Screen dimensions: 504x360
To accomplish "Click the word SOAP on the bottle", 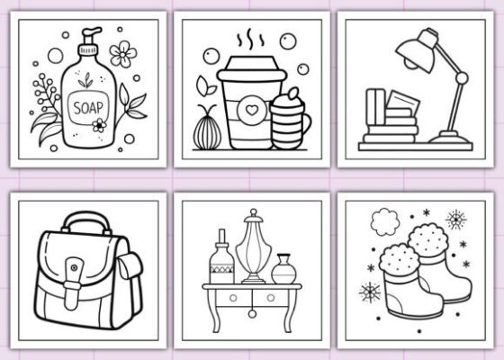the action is click(x=88, y=108).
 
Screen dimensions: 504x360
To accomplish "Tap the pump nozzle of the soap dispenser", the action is click(x=92, y=32).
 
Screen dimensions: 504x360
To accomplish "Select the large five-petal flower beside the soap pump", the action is click(x=122, y=54).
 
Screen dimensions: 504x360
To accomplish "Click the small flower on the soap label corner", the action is click(x=99, y=125).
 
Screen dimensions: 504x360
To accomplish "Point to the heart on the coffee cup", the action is click(x=252, y=110).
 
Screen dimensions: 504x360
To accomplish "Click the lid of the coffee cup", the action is click(x=252, y=68).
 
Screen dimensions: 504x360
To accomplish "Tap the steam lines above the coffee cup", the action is click(x=251, y=40).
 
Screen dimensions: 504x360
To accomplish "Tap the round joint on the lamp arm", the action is click(x=462, y=77).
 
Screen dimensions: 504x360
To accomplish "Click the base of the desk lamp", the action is click(x=450, y=137).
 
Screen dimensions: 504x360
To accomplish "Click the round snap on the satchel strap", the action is click(x=74, y=267).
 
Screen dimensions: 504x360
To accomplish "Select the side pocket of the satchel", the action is click(x=130, y=265).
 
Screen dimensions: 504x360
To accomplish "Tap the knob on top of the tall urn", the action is click(x=254, y=212).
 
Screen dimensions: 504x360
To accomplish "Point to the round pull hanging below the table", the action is click(x=252, y=314).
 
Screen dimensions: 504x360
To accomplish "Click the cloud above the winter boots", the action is click(x=385, y=221).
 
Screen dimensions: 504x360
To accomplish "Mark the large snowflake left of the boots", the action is click(x=370, y=292).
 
